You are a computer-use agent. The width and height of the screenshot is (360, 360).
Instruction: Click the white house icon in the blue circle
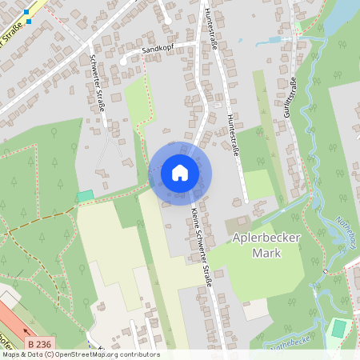click(x=180, y=173)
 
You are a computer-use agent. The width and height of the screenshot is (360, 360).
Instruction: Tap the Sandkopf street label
click(x=158, y=49)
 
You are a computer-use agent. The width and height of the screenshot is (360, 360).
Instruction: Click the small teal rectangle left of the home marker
click(x=85, y=195)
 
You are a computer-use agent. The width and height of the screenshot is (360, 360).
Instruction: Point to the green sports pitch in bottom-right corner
click(x=339, y=328)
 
